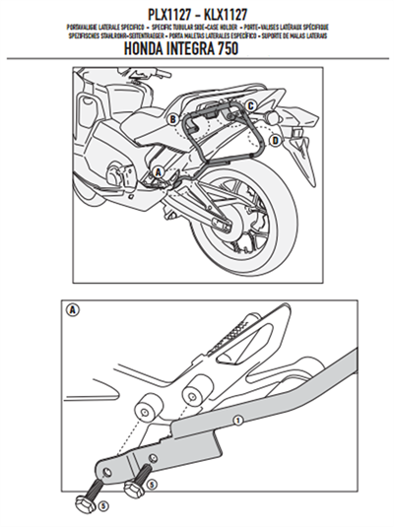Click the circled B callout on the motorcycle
pyautogui.click(x=172, y=118)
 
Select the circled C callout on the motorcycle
pyautogui.click(x=251, y=105)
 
